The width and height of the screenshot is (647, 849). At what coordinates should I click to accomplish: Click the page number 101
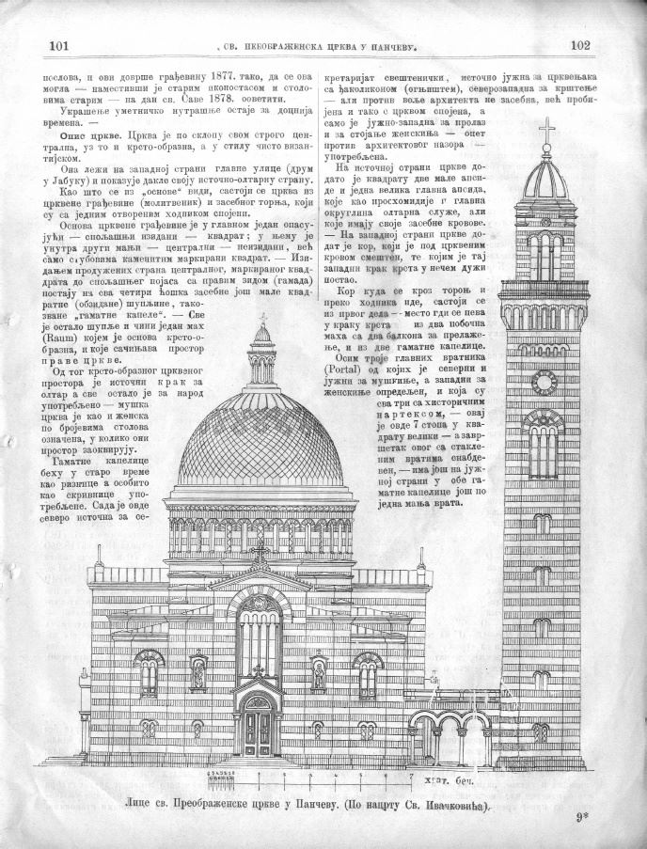coord(59,44)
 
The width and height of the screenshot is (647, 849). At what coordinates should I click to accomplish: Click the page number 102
coord(578,44)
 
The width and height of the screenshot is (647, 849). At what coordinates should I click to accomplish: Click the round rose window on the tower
coord(544,382)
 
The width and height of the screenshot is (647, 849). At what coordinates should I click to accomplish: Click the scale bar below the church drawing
coord(310,777)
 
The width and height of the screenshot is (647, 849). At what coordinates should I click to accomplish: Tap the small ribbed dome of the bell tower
coord(546,179)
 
